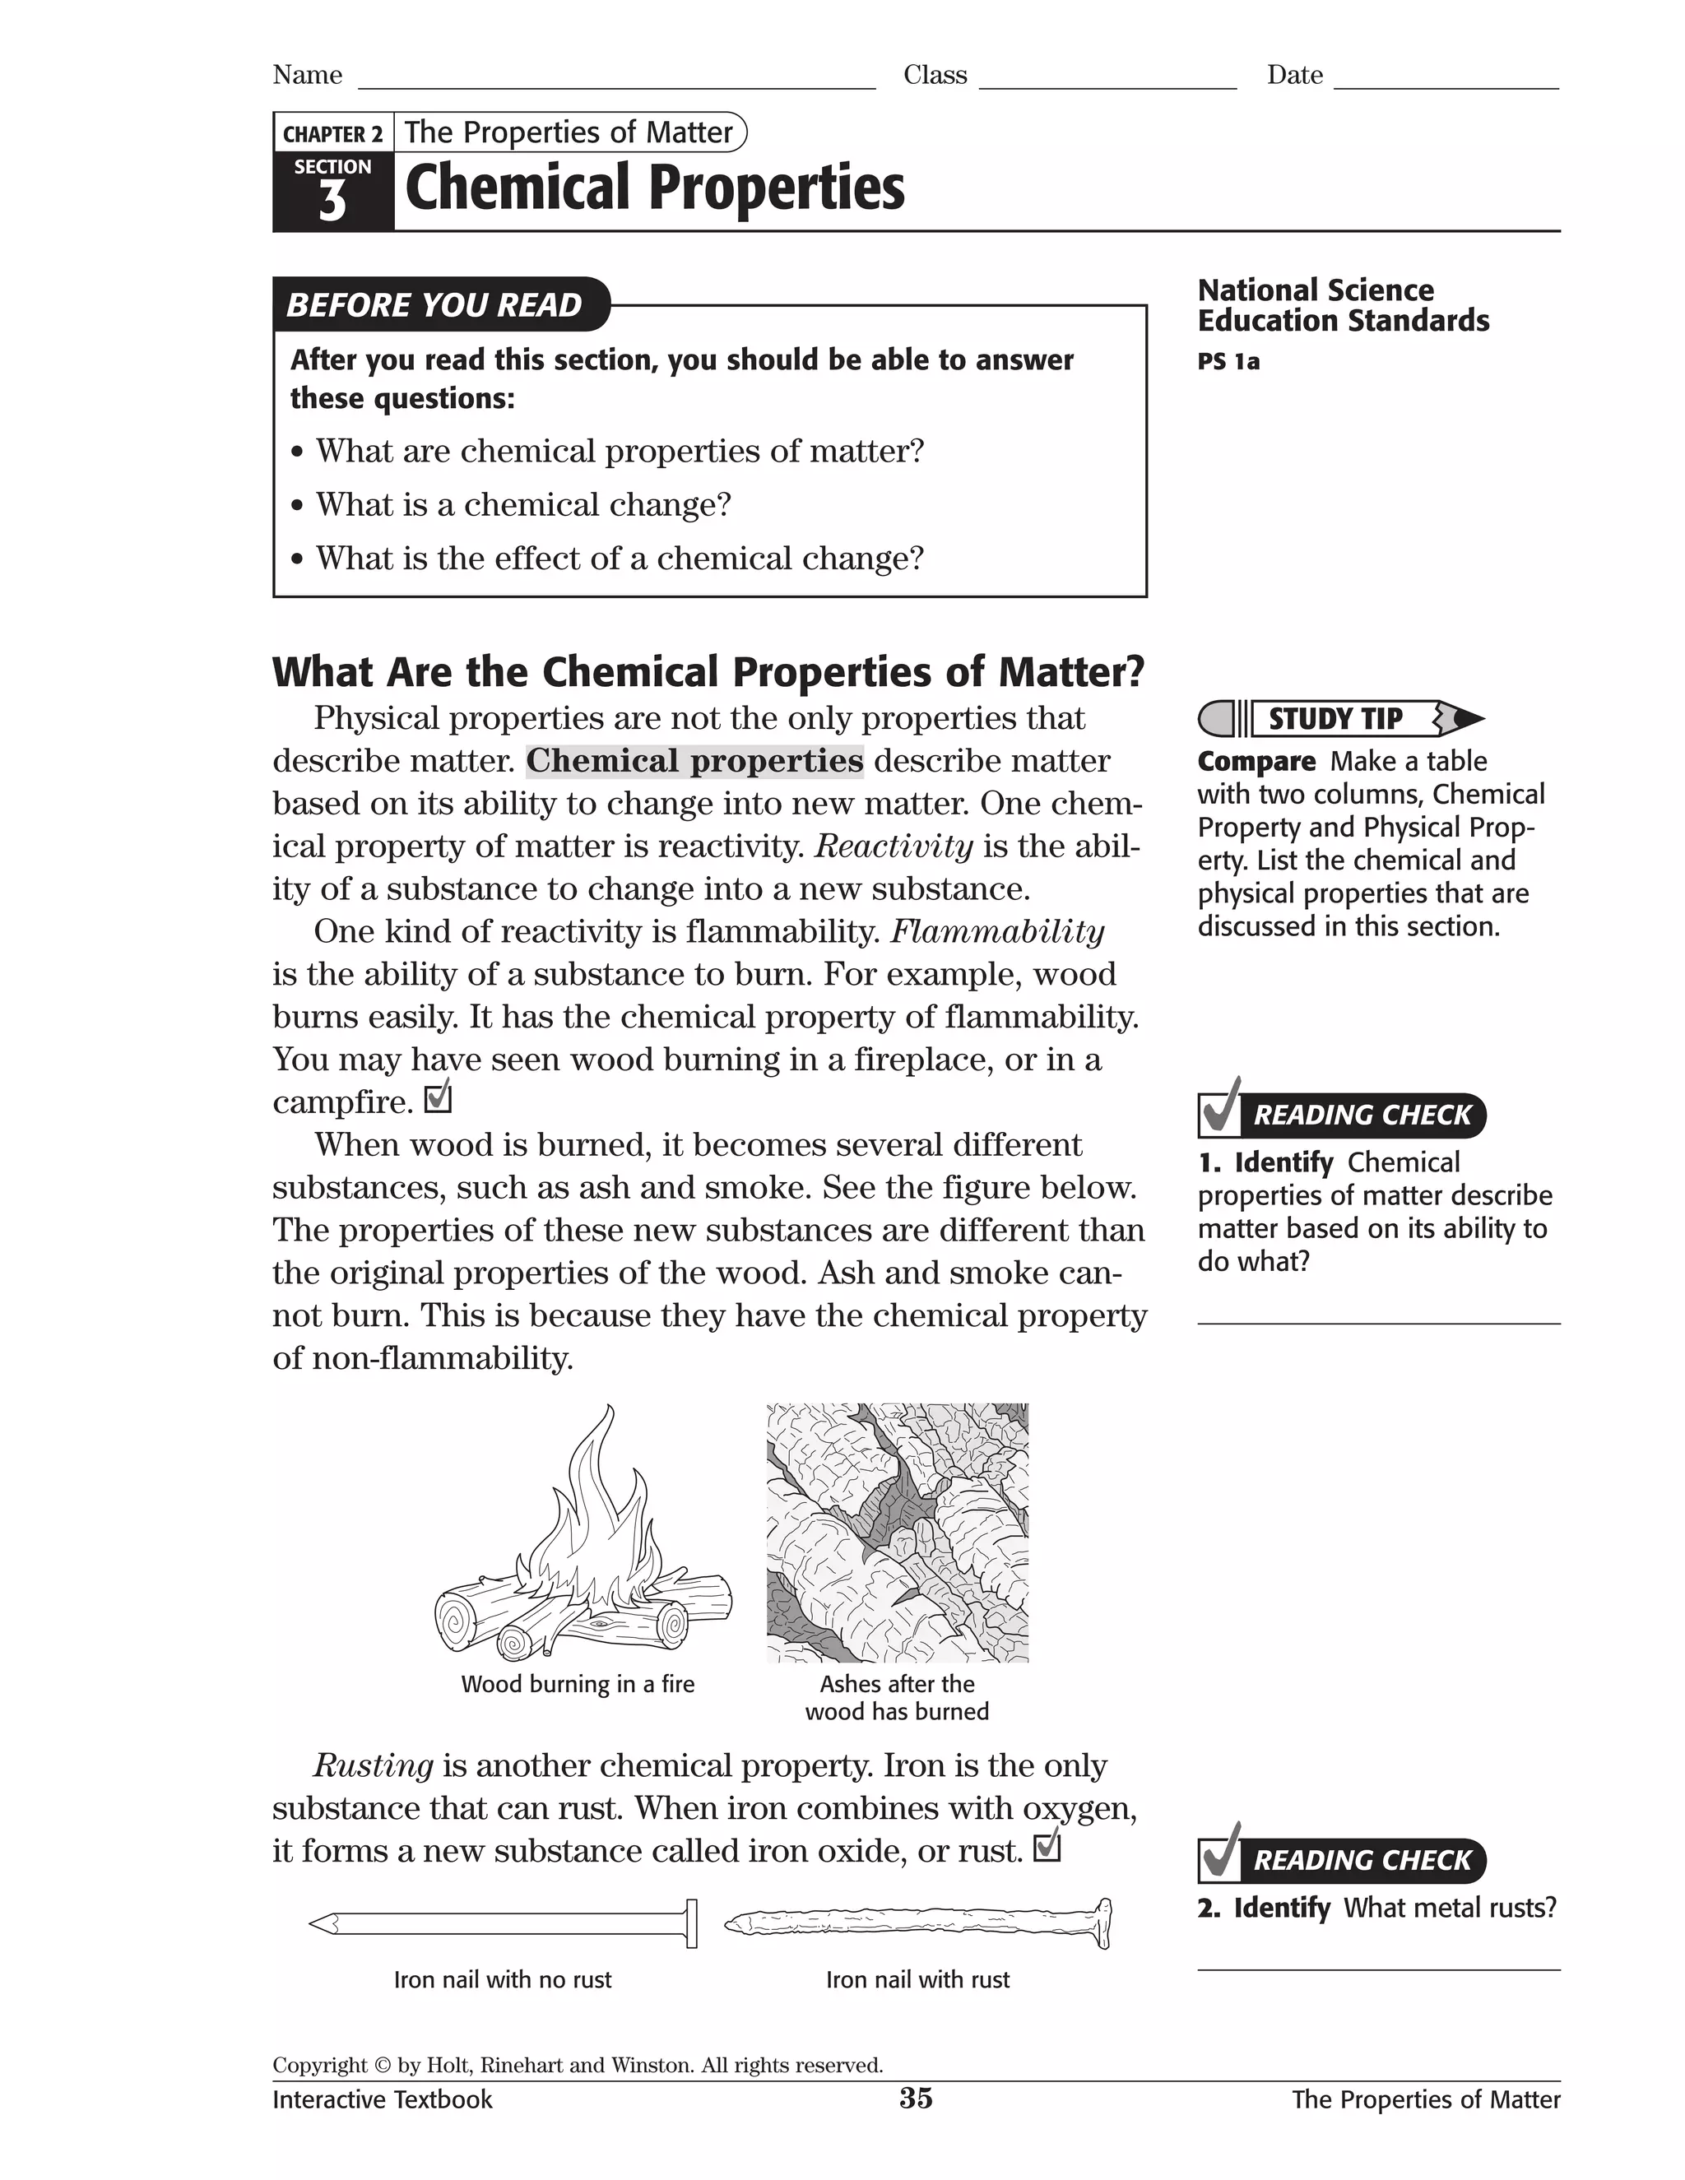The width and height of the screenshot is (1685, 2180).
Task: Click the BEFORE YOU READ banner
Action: pyautogui.click(x=434, y=304)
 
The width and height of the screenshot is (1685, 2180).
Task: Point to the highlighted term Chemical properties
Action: pyautogui.click(x=694, y=761)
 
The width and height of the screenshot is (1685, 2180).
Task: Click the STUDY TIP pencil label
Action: pyautogui.click(x=1335, y=719)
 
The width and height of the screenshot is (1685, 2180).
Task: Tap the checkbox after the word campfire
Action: pyautogui.click(x=439, y=1099)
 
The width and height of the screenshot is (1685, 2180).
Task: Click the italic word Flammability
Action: pyautogui.click(x=996, y=931)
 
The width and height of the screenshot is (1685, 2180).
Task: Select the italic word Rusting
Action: pyautogui.click(x=374, y=1765)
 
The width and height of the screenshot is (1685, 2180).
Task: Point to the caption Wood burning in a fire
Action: pyautogui.click(x=577, y=1684)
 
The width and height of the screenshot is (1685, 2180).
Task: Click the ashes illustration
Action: pyautogui.click(x=897, y=1533)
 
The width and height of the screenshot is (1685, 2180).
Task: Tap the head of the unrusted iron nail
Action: pyautogui.click(x=691, y=1923)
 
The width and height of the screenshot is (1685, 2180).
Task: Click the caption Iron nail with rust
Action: pyautogui.click(x=917, y=1979)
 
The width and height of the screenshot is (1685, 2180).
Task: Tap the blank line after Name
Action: pyautogui.click(x=616, y=80)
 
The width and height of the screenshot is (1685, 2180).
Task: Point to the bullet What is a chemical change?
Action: pyautogui.click(x=523, y=504)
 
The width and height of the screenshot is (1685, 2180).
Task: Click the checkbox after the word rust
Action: pyautogui.click(x=1047, y=1848)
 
